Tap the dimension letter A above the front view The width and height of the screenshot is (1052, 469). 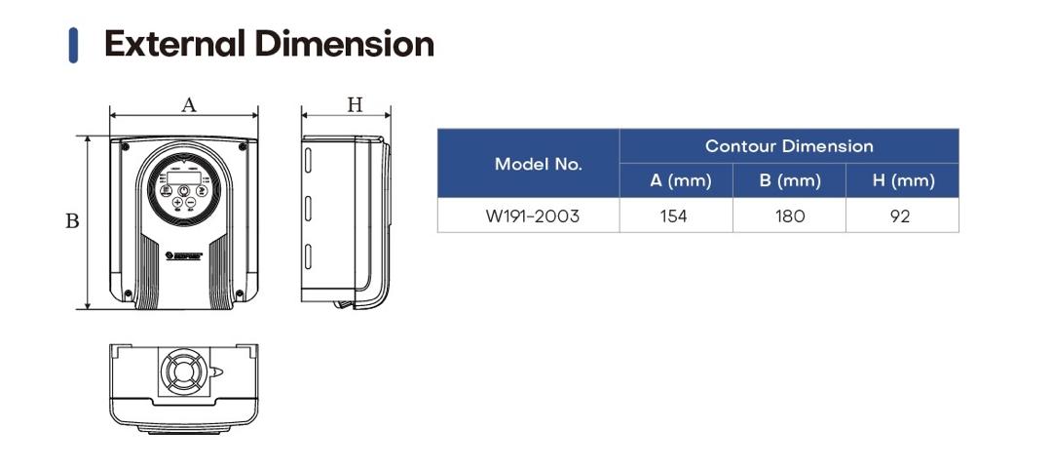189,104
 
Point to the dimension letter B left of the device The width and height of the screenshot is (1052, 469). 71,221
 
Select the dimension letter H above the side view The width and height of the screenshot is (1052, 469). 355,104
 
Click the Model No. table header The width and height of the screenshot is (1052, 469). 538,164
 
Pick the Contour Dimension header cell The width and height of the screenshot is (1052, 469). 789,146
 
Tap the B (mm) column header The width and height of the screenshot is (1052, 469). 789,180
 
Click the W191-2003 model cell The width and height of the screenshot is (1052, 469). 532,215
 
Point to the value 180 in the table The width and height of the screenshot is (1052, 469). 790,215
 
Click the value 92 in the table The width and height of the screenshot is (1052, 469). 900,215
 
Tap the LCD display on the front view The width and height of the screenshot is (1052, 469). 183,173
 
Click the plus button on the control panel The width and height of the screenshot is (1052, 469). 177,203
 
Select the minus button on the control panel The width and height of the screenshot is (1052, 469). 191,203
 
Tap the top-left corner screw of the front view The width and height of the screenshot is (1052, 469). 126,146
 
